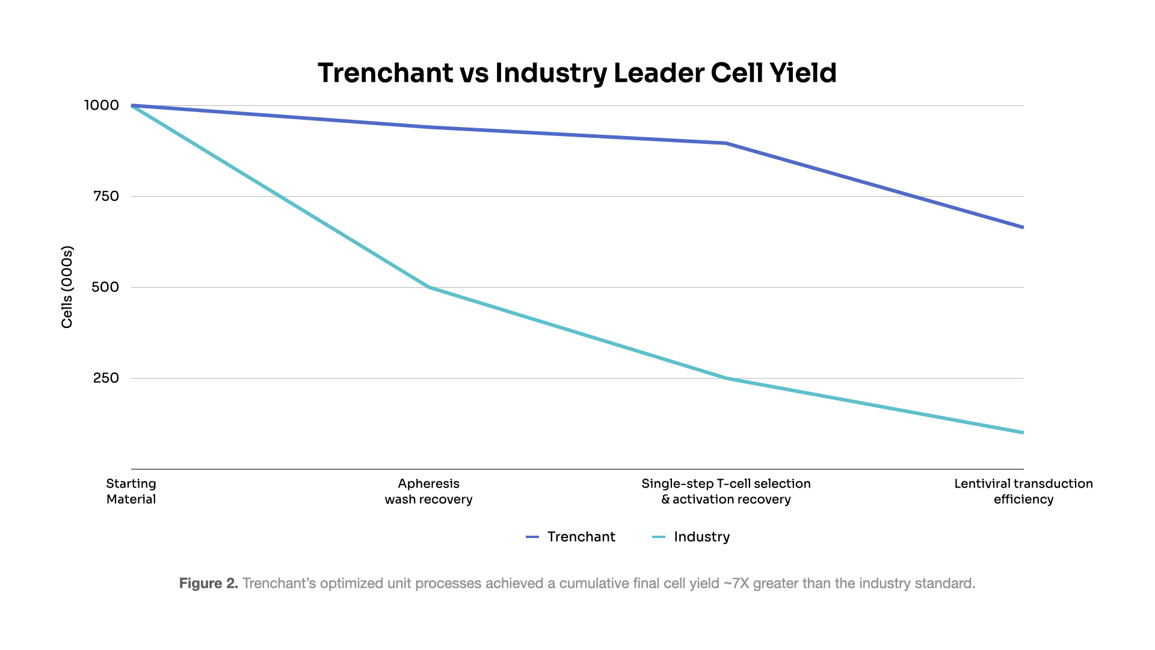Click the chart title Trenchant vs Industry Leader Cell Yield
pyautogui.click(x=577, y=73)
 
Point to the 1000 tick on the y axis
pyautogui.click(x=101, y=105)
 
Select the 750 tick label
pyautogui.click(x=106, y=196)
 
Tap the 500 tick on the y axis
pyautogui.click(x=105, y=287)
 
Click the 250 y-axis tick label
pyautogui.click(x=106, y=378)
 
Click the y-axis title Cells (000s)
pyautogui.click(x=67, y=287)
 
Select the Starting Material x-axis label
pyautogui.click(x=131, y=491)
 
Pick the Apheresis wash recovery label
pyautogui.click(x=428, y=491)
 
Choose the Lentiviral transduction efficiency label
pyautogui.click(x=1023, y=491)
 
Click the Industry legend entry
pyautogui.click(x=691, y=537)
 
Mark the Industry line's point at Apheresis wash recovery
pyautogui.click(x=429, y=287)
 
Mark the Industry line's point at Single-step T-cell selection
pyautogui.click(x=726, y=378)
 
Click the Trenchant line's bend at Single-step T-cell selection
pyautogui.click(x=726, y=143)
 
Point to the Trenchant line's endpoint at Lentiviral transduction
pyautogui.click(x=1022, y=227)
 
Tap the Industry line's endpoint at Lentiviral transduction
pyautogui.click(x=1022, y=432)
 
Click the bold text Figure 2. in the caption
pyautogui.click(x=208, y=583)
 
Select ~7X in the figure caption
pyautogui.click(x=736, y=583)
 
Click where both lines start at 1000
pyautogui.click(x=132, y=106)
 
